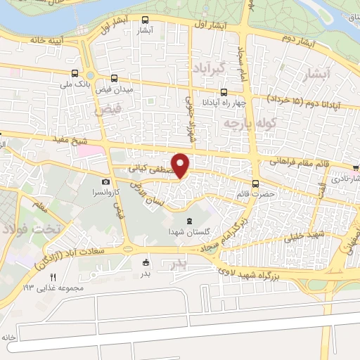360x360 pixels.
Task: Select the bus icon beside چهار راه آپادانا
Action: pyautogui.click(x=224, y=92)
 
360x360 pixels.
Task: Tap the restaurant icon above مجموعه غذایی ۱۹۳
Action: pyautogui.click(x=52, y=276)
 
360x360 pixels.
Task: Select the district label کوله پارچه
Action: pyautogui.click(x=247, y=124)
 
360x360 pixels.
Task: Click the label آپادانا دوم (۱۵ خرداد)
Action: pyautogui.click(x=311, y=103)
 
